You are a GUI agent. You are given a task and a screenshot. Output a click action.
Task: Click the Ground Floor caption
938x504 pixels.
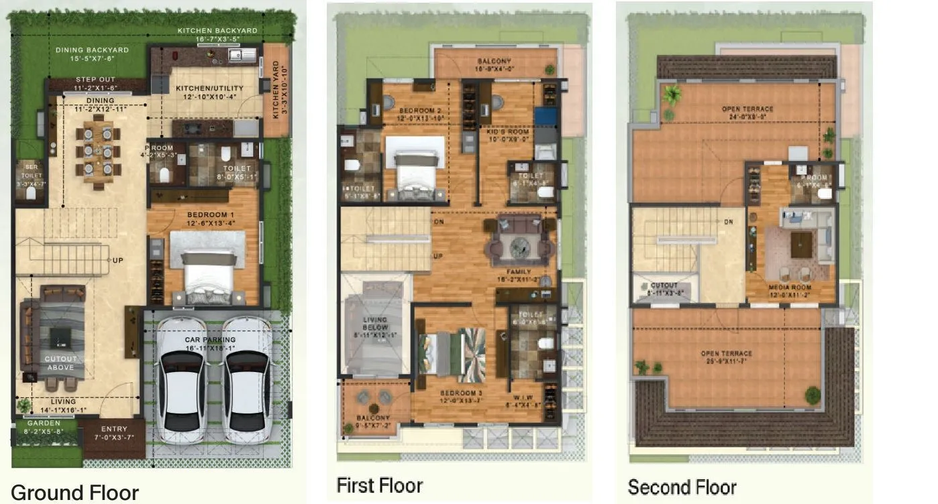pyautogui.click(x=74, y=493)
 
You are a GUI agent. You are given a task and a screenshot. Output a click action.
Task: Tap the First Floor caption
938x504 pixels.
pyautogui.click(x=379, y=485)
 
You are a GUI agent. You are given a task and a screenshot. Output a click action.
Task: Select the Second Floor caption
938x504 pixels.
pyautogui.click(x=682, y=487)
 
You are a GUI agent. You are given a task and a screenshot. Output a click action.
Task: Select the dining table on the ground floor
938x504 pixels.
pyautogui.click(x=98, y=150)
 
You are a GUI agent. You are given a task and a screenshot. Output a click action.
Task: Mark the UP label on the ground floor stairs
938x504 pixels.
pyautogui.click(x=118, y=261)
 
